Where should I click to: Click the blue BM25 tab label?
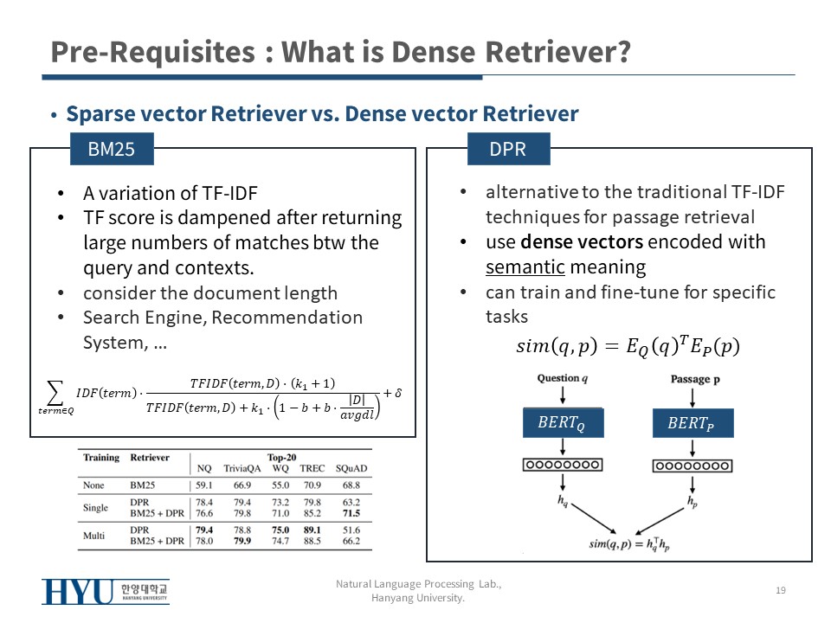tap(112, 149)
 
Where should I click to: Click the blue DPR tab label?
tap(508, 149)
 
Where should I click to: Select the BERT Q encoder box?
tap(563, 423)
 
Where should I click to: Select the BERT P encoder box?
tap(692, 423)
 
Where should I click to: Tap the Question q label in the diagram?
tap(563, 378)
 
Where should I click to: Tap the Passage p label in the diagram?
tap(695, 379)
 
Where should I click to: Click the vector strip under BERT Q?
tap(563, 465)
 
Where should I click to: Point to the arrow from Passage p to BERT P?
tap(692, 398)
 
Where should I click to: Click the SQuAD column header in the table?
tap(351, 468)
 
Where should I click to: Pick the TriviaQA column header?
tap(242, 468)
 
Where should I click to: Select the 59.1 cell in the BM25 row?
tap(204, 485)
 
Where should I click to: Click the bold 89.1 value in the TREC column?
tap(312, 530)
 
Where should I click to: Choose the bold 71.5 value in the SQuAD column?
tap(351, 513)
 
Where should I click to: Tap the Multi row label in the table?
tap(93, 536)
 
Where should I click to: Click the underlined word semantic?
tap(525, 267)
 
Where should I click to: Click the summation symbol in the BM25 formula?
tap(55, 392)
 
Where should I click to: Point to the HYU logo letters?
tap(78, 592)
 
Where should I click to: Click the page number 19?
tap(781, 590)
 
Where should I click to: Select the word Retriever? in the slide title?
tap(557, 52)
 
